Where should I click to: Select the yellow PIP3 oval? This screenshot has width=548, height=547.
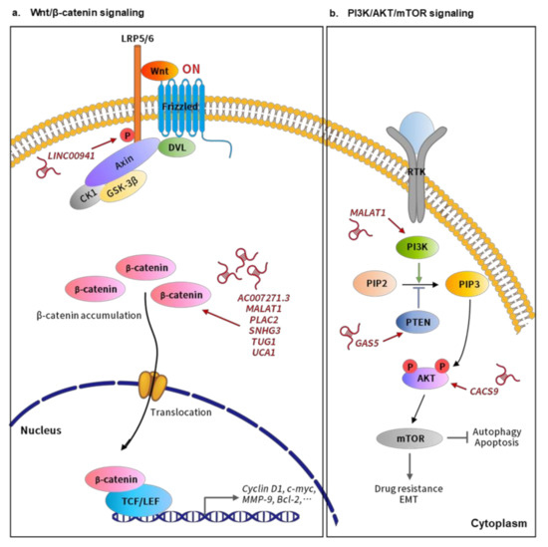pos(465,282)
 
